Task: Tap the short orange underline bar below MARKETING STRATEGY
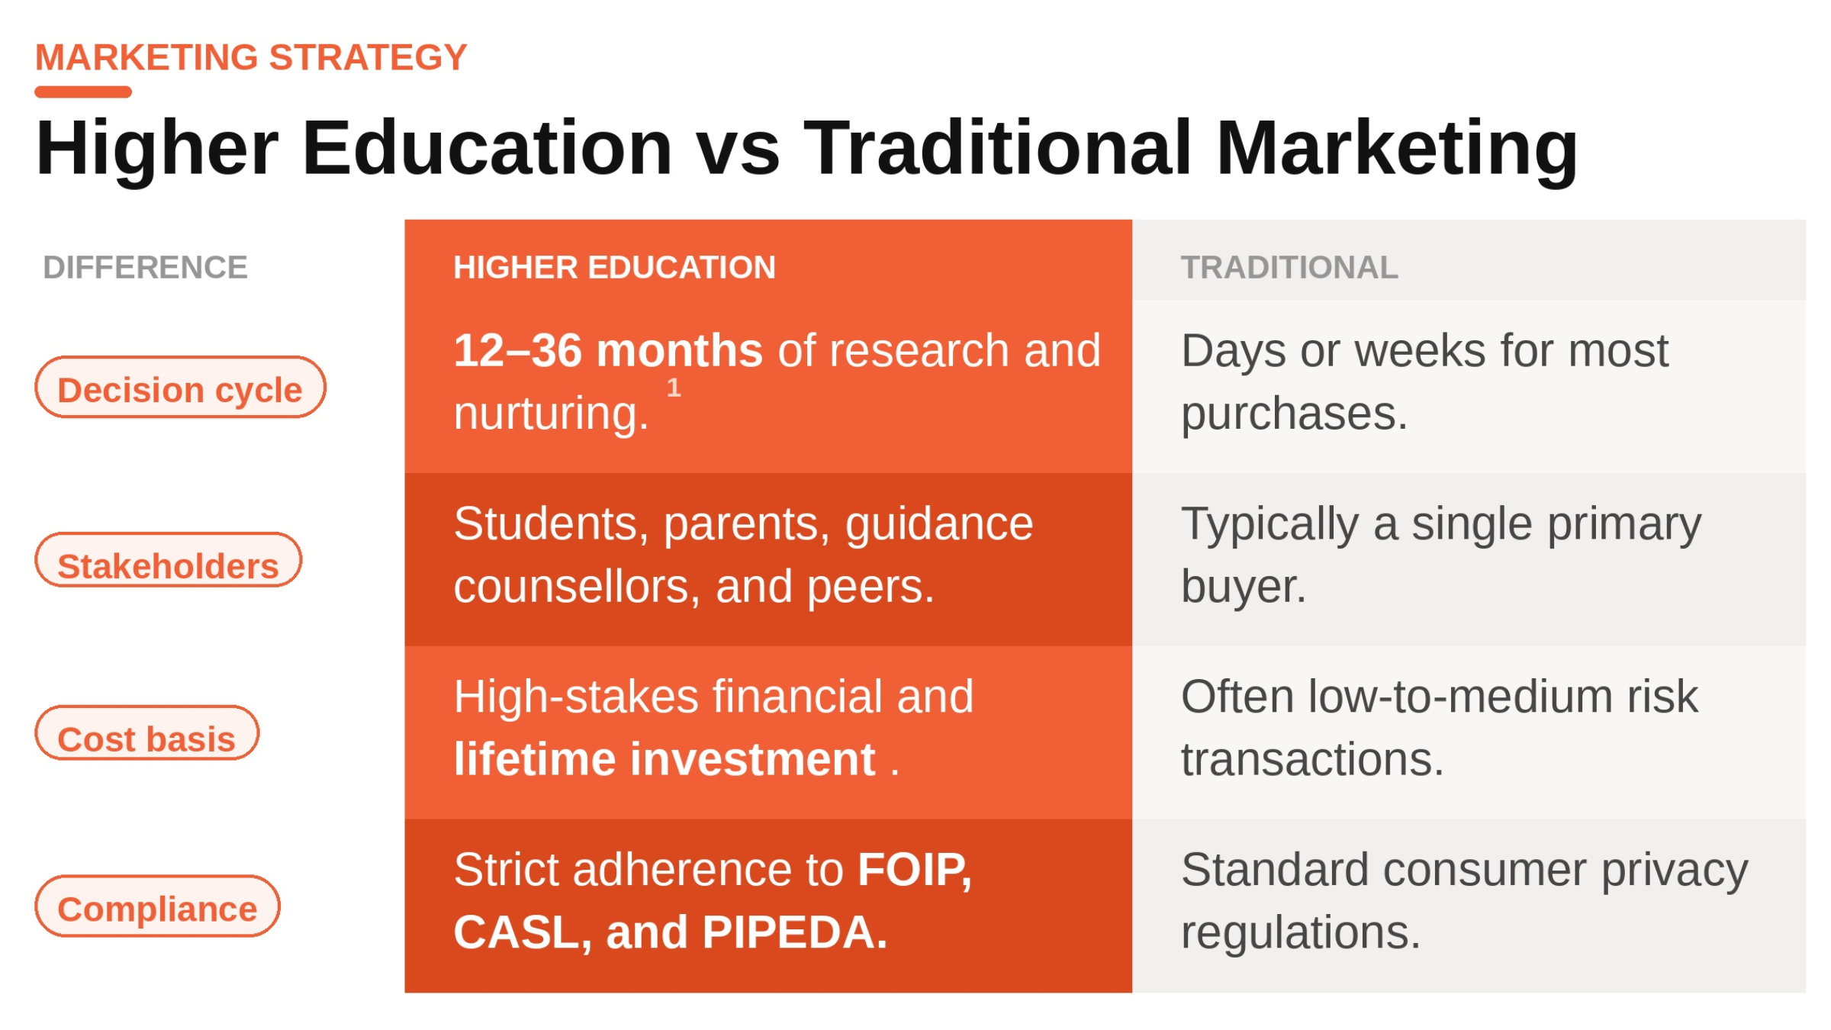(x=83, y=92)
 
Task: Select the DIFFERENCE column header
(x=145, y=268)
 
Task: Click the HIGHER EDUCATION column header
(x=614, y=268)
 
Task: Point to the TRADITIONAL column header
(x=1289, y=268)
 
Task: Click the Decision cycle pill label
(x=180, y=389)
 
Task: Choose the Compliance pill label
(x=157, y=908)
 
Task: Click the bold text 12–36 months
(x=608, y=351)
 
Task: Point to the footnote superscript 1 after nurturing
(x=673, y=388)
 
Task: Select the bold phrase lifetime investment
(x=664, y=760)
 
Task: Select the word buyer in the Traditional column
(x=1243, y=587)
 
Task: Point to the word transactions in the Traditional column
(x=1312, y=760)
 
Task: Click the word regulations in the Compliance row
(x=1300, y=932)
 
